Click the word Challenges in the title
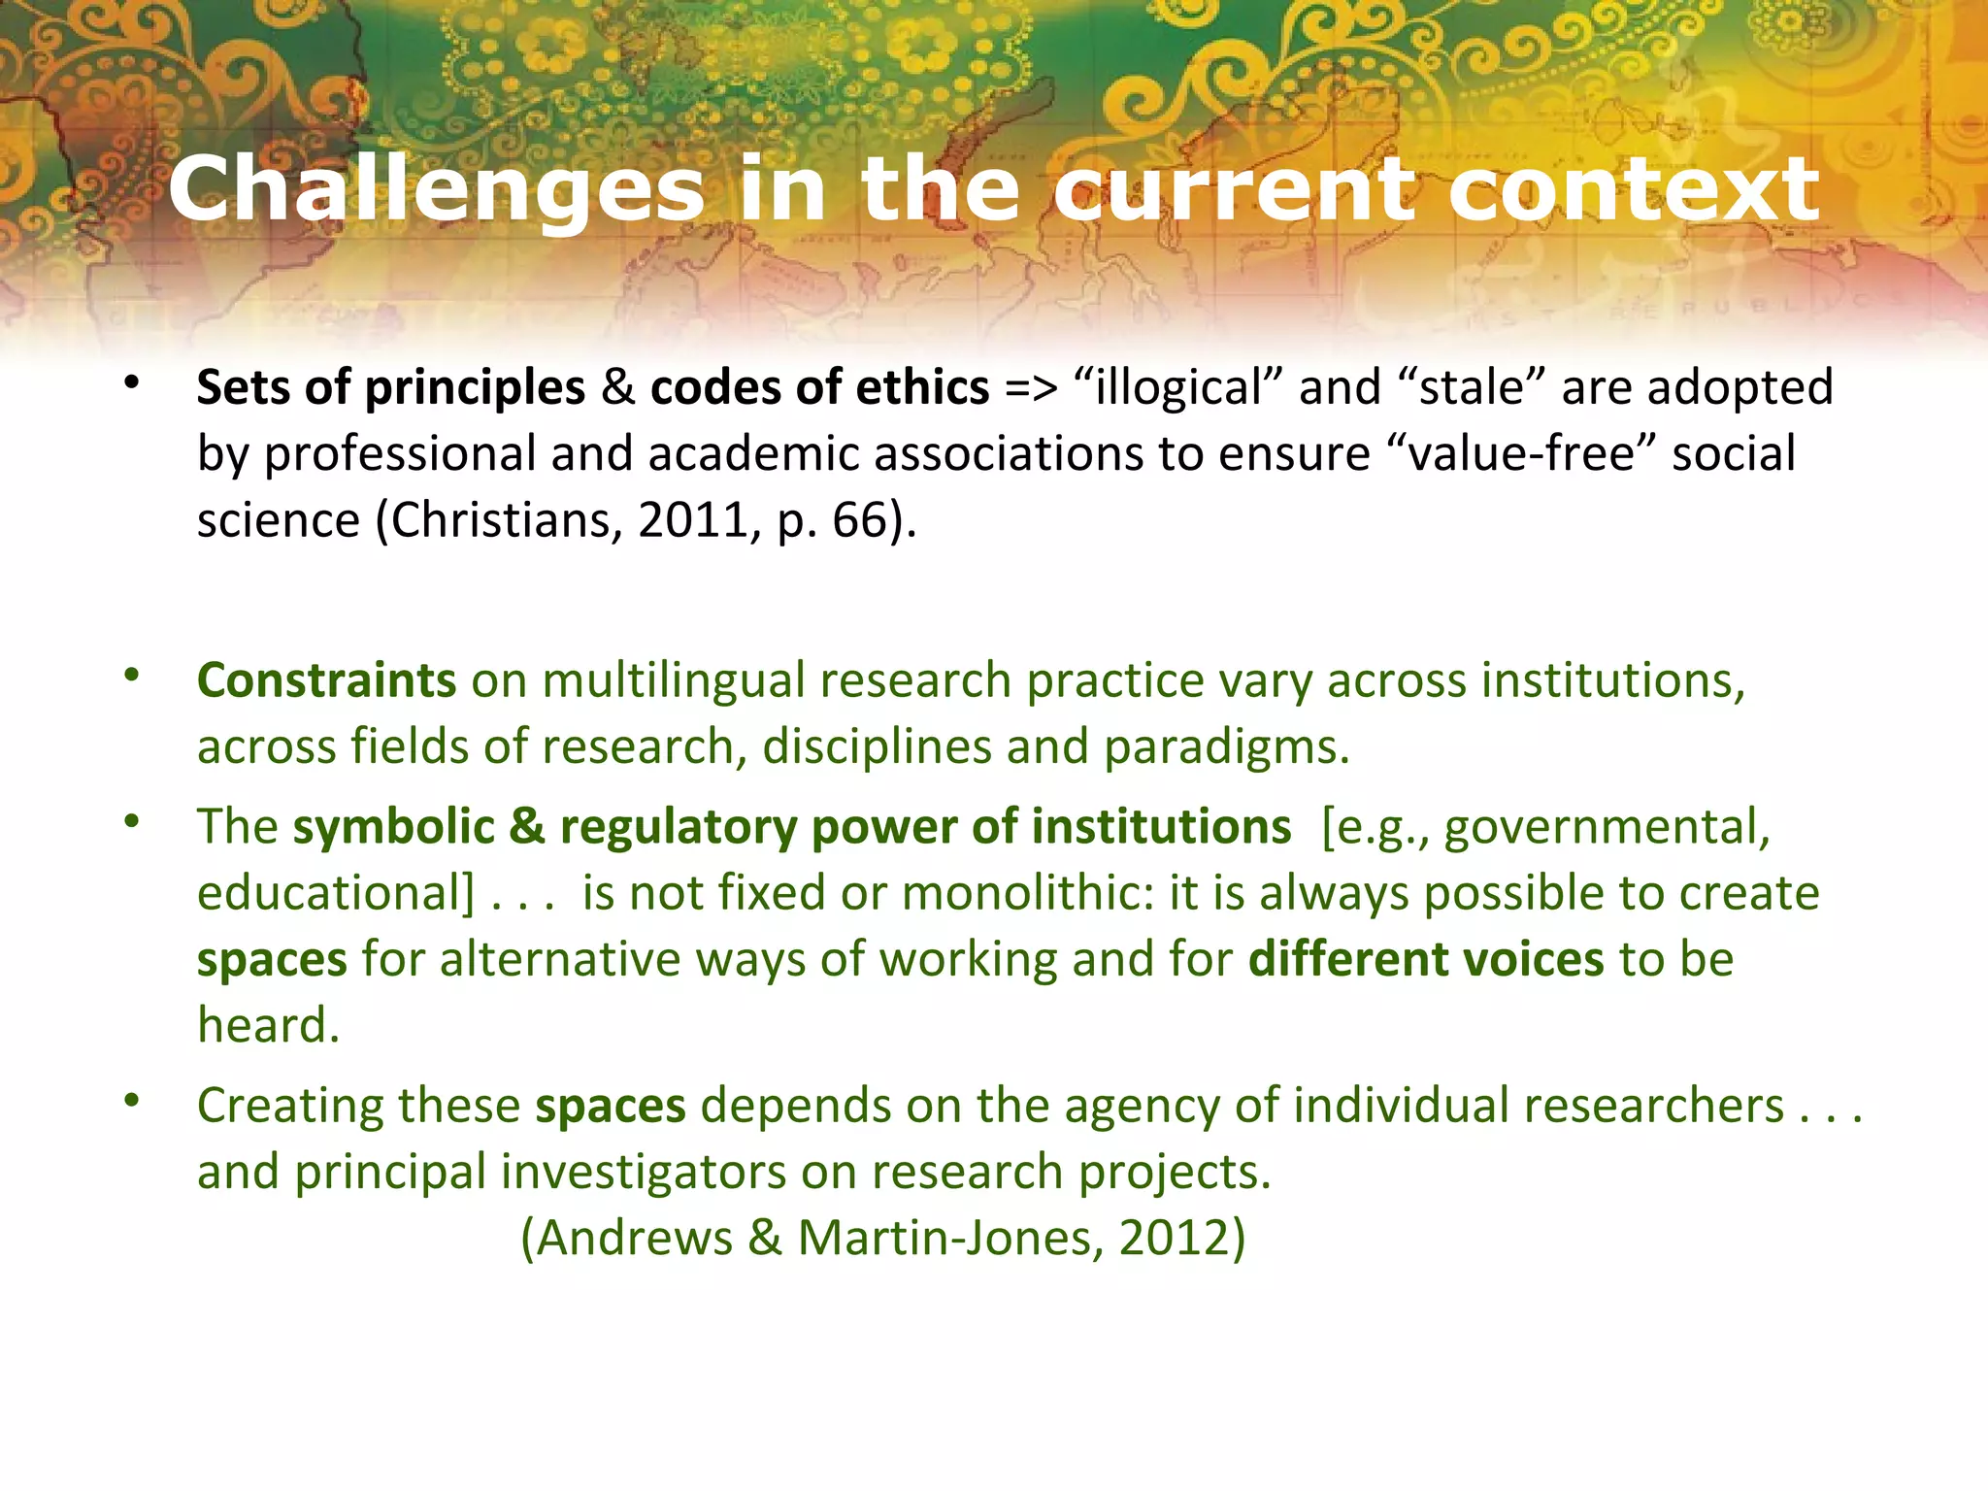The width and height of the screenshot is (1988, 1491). (436, 189)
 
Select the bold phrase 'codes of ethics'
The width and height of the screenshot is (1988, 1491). (819, 387)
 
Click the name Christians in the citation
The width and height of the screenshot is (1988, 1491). (501, 519)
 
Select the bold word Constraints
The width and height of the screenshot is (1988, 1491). (326, 679)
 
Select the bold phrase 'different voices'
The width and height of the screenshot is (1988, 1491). (1425, 959)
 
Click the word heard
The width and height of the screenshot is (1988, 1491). (268, 1025)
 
